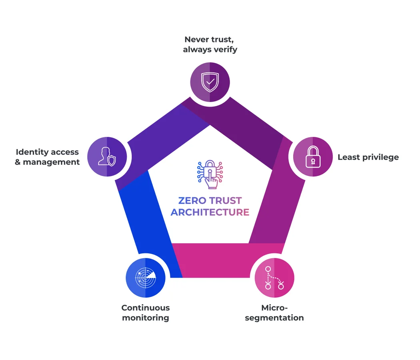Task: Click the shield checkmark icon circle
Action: click(x=210, y=82)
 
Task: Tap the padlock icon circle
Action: click(x=313, y=156)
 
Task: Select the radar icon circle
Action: click(x=145, y=278)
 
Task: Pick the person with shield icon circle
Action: click(x=107, y=156)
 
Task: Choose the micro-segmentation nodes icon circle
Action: click(x=274, y=278)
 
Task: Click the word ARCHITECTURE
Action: click(x=210, y=212)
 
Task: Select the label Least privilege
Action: click(x=368, y=157)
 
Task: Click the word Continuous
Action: click(x=146, y=308)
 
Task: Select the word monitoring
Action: click(x=146, y=318)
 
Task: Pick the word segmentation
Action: click(x=274, y=318)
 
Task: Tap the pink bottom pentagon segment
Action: click(x=228, y=260)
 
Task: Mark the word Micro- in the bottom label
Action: click(x=274, y=308)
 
